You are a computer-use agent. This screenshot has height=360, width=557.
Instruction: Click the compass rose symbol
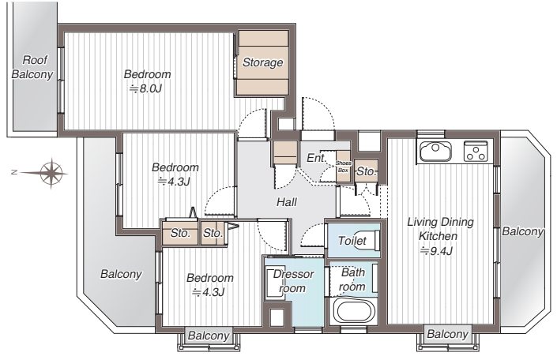click(x=51, y=173)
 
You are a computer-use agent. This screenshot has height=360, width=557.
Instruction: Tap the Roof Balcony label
click(x=32, y=67)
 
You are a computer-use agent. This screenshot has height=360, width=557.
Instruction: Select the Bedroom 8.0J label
click(x=147, y=81)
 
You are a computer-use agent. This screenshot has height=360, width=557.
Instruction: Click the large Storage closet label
click(x=263, y=62)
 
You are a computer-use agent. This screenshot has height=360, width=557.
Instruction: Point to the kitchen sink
click(x=435, y=151)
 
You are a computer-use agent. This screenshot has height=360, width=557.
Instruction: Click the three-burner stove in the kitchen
click(x=476, y=151)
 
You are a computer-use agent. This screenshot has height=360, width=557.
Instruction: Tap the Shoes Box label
click(x=343, y=167)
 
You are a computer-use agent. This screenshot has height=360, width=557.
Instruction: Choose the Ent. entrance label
click(x=316, y=158)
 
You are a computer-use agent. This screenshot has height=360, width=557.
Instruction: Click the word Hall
click(x=287, y=202)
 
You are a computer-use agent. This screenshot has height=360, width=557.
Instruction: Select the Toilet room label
click(x=352, y=241)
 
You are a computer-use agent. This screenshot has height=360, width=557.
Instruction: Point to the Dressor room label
click(x=293, y=281)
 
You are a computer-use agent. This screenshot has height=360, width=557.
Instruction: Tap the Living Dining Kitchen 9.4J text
click(x=440, y=237)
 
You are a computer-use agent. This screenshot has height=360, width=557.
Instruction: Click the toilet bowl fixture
click(x=373, y=240)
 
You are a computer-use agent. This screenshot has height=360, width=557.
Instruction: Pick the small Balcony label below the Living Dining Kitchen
click(x=448, y=334)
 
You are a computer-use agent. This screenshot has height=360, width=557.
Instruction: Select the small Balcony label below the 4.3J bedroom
click(x=209, y=336)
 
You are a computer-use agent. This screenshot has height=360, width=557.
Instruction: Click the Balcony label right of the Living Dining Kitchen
click(x=523, y=231)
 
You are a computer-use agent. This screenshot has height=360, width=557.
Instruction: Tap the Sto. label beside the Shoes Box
click(x=367, y=171)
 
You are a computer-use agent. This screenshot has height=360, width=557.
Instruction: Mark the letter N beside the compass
click(x=14, y=172)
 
